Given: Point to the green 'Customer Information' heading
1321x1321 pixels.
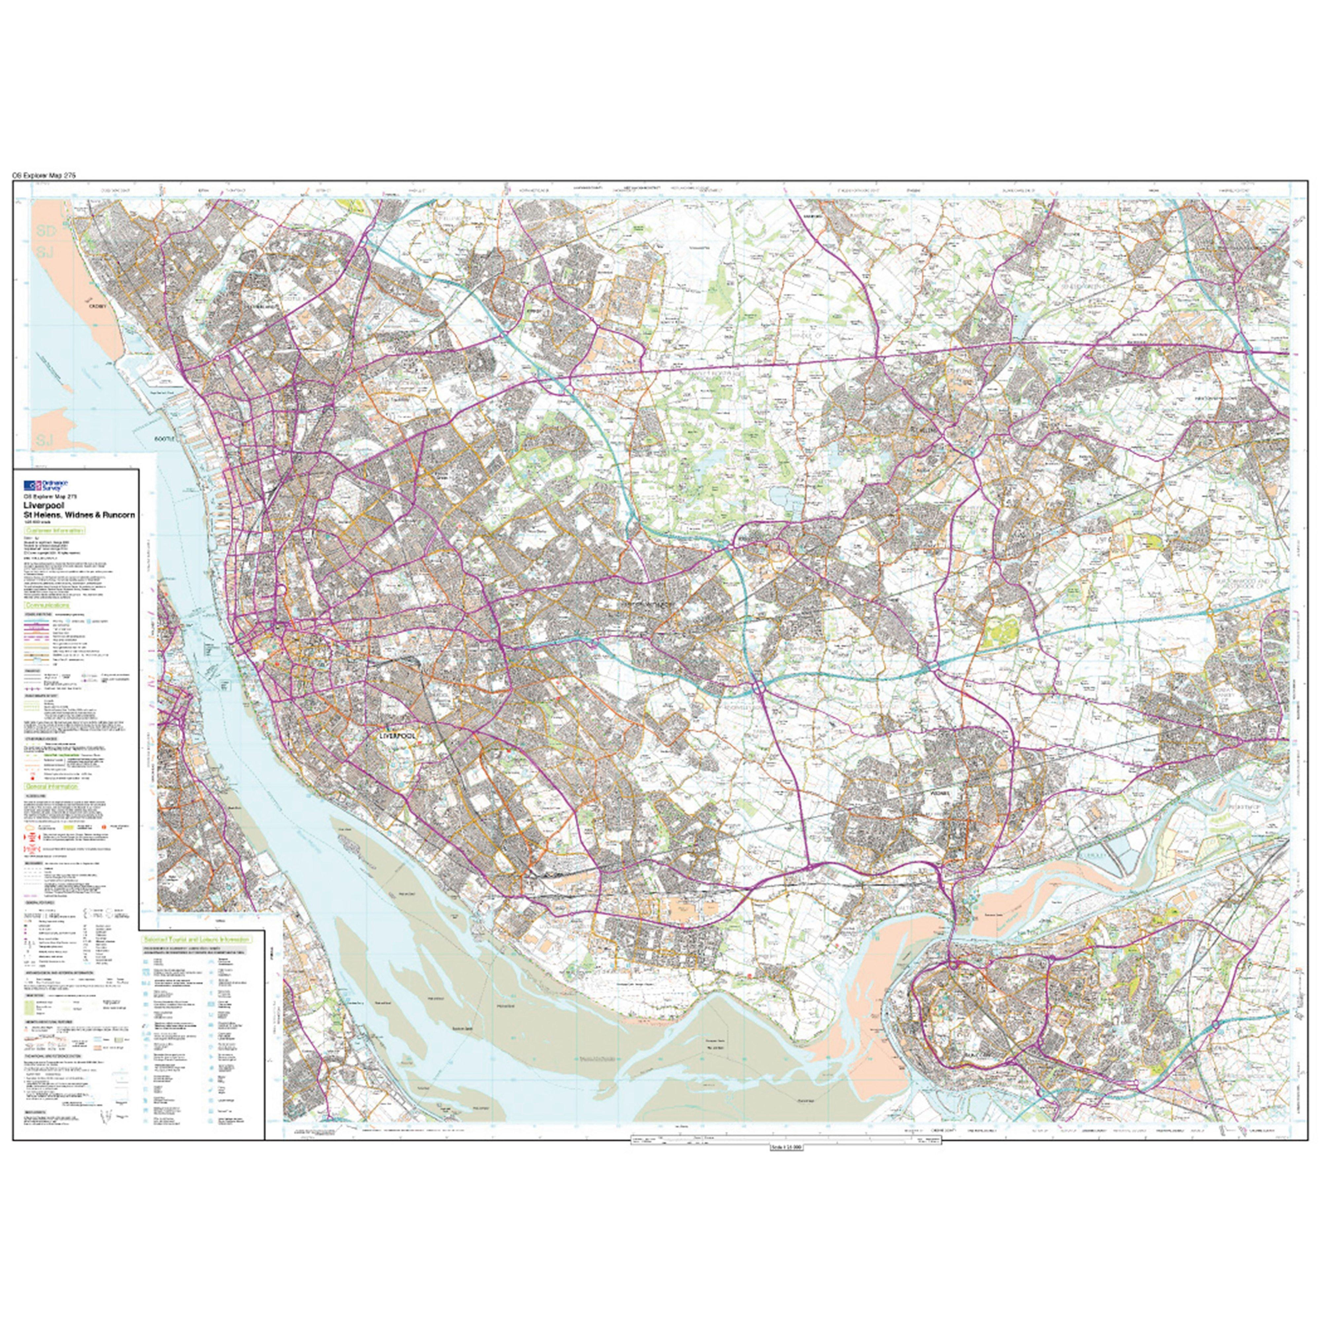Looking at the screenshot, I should point(55,530).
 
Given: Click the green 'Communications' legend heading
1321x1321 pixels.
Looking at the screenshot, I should point(47,606).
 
